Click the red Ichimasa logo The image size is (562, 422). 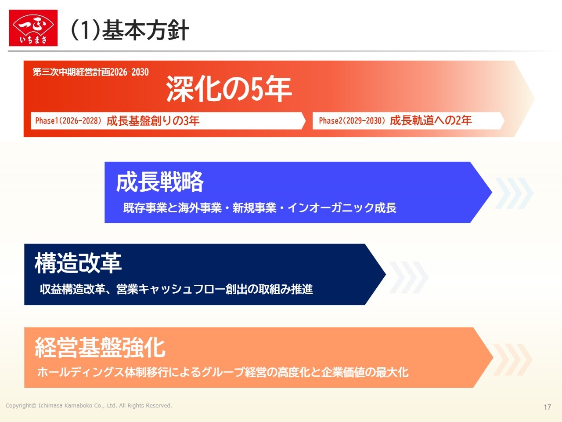(x=33, y=28)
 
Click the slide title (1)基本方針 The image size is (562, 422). (x=130, y=30)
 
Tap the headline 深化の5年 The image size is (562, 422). (x=229, y=89)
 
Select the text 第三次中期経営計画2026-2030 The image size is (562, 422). (x=90, y=72)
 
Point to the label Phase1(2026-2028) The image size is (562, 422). (x=68, y=120)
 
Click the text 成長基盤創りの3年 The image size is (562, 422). (x=153, y=121)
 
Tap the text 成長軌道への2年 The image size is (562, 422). (x=431, y=120)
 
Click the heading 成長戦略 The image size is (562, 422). (x=160, y=182)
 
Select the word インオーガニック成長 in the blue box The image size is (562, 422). (x=342, y=207)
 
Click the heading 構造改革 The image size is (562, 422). (x=78, y=262)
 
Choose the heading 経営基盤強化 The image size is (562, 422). (x=100, y=347)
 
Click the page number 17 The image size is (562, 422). (x=548, y=407)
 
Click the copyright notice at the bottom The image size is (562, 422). (x=89, y=406)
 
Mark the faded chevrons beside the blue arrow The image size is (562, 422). (x=514, y=193)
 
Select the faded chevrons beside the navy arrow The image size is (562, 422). (x=409, y=277)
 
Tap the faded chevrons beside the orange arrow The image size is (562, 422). (x=512, y=360)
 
